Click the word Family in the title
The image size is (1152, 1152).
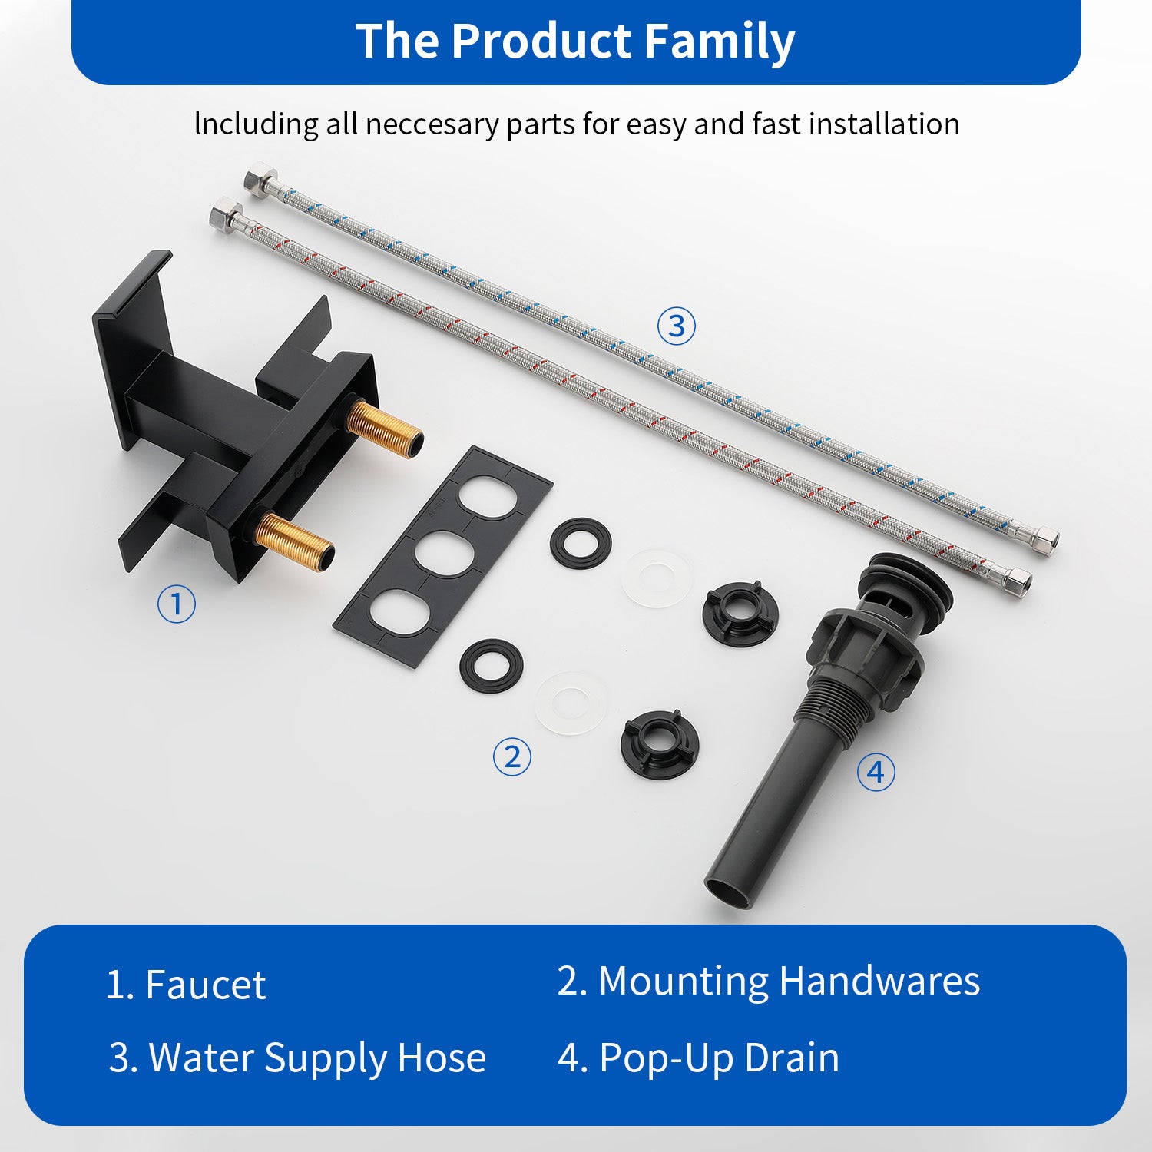click(x=719, y=41)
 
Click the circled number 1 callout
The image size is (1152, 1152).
click(x=177, y=604)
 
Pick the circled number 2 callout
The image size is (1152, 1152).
click(x=512, y=757)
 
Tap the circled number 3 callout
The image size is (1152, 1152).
click(x=677, y=326)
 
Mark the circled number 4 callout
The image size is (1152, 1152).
click(x=876, y=772)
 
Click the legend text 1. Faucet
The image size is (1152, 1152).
click(x=186, y=985)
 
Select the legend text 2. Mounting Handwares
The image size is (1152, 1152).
click(x=768, y=982)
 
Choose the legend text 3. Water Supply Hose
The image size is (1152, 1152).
click(x=297, y=1058)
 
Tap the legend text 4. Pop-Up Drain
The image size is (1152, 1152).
click(x=698, y=1058)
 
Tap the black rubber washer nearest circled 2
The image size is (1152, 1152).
click(x=492, y=665)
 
